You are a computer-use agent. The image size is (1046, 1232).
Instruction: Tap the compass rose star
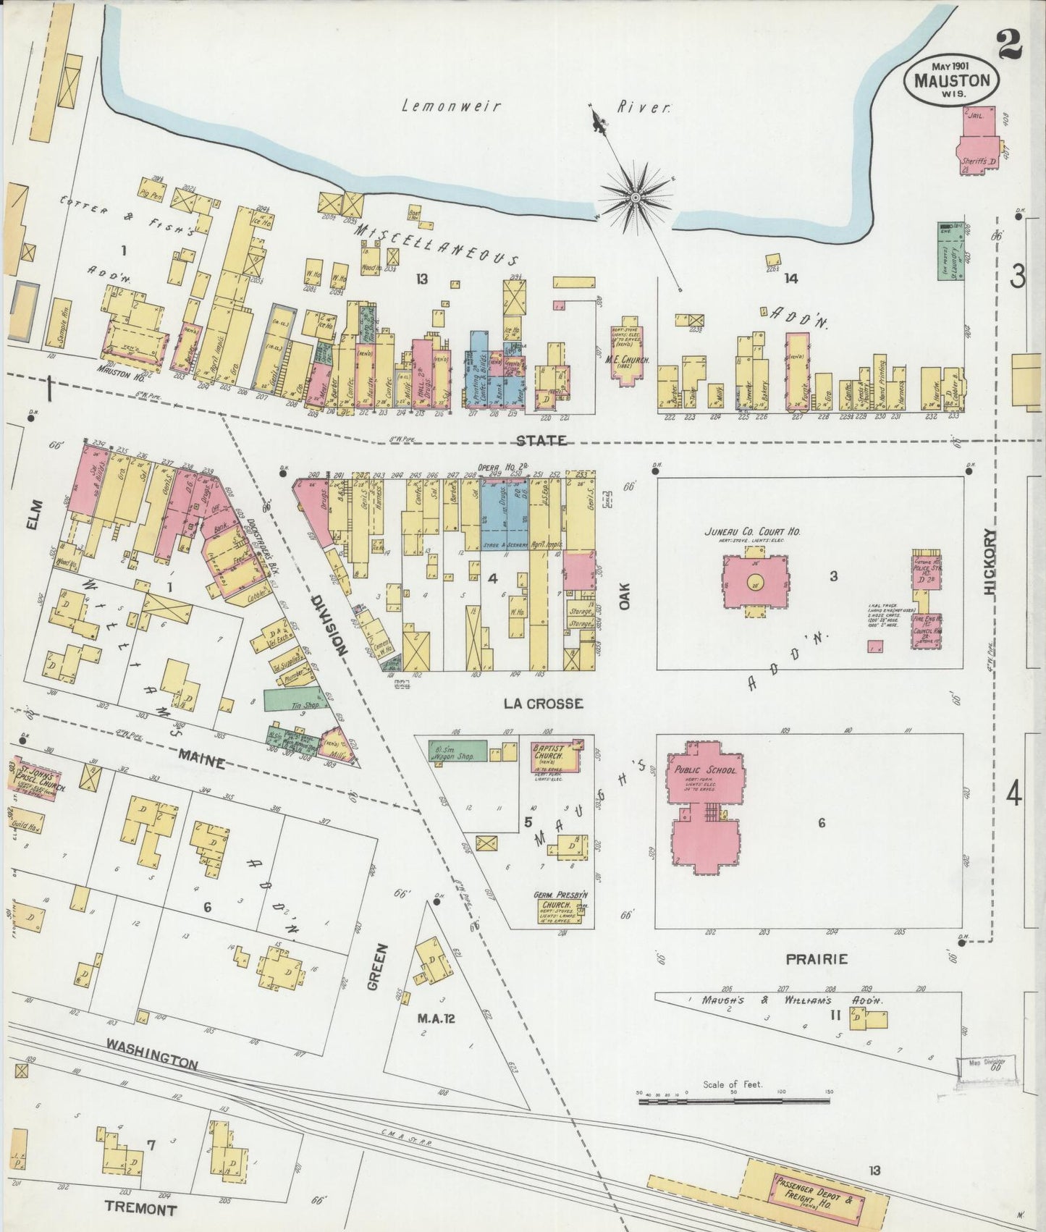635,196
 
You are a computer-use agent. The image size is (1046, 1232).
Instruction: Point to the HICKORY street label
991,561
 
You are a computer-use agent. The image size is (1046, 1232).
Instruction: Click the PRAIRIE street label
817,959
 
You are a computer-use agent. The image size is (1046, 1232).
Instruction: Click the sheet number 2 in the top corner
1009,45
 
